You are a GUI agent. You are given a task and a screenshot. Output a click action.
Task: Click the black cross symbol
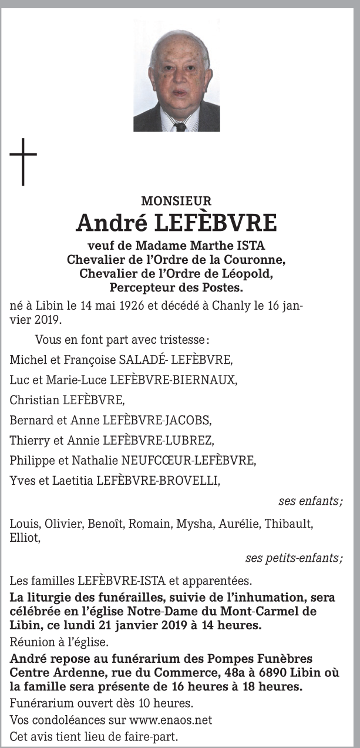[x=23, y=161]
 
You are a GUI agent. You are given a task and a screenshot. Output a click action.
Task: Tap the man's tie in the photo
[x=180, y=126]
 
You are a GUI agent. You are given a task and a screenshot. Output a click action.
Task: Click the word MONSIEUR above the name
[x=176, y=202]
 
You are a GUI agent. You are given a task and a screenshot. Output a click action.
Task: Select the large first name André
[x=111, y=223]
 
